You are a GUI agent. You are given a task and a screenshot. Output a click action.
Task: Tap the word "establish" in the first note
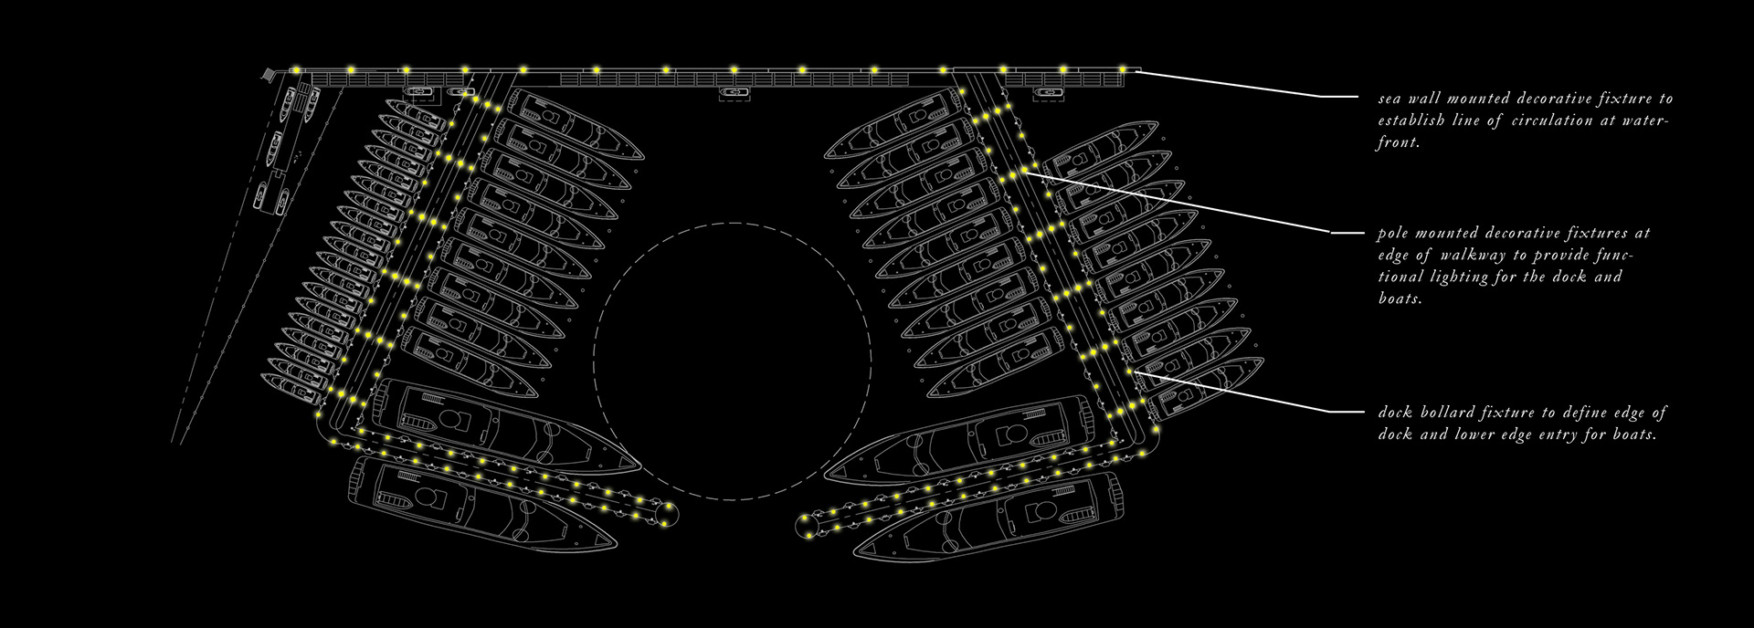1408,120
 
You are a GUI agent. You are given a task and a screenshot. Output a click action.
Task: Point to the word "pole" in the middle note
1395,234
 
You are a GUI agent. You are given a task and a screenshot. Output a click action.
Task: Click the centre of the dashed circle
732,361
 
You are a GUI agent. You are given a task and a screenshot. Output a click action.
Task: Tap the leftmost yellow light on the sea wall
296,69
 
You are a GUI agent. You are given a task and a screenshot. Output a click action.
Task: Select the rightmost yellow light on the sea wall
1123,68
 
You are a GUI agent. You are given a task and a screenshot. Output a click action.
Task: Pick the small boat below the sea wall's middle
733,92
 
